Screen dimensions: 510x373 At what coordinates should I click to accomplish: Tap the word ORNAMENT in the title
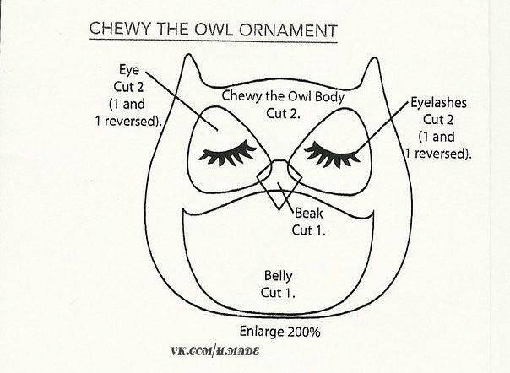coord(288,30)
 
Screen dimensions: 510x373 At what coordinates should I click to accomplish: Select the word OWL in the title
coord(214,30)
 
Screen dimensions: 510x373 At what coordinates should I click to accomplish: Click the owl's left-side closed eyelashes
coord(228,153)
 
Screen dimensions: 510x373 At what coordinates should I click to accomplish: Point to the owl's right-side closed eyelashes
coord(332,154)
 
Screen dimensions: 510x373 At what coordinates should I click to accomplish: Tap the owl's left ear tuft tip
coord(188,54)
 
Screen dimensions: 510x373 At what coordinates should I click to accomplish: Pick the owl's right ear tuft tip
coord(374,58)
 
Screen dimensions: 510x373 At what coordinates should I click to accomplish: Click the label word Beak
coord(309,214)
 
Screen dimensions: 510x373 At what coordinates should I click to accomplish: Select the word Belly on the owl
coord(278,277)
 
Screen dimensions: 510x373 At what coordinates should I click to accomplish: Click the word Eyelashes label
coord(438,103)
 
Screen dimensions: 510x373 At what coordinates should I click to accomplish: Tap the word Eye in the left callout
coord(129,70)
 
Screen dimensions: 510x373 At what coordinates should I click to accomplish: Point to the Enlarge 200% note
coord(280,332)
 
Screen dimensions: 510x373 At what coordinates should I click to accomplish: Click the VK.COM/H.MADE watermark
coord(215,352)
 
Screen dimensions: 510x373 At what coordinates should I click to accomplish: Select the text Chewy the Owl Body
coord(283,96)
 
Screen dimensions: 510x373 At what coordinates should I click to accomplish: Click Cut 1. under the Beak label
coord(309,230)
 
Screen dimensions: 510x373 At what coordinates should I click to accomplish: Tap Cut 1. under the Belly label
coord(278,293)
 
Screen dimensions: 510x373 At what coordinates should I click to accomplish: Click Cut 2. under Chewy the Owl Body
coord(283,114)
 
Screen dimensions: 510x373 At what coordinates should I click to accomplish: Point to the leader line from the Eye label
coord(182,101)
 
